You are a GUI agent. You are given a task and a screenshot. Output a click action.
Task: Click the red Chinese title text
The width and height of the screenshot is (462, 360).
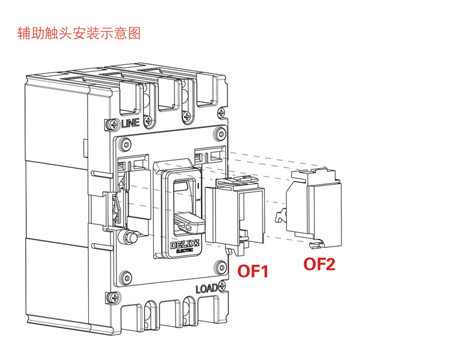point(79,33)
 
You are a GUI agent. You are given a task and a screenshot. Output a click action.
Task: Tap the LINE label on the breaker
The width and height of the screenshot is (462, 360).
point(130,123)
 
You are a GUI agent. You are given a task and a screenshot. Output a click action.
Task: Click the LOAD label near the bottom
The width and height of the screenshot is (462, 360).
point(206,289)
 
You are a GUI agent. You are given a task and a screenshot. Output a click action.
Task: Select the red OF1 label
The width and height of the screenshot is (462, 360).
point(253,271)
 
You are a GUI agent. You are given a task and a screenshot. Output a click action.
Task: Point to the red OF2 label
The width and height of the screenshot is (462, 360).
point(319,264)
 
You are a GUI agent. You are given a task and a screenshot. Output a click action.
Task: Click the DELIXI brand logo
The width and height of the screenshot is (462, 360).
point(185,245)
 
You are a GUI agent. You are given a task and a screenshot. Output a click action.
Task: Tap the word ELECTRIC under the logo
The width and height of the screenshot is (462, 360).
point(185,251)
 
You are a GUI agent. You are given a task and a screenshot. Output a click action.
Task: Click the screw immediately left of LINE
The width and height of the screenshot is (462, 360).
point(113,124)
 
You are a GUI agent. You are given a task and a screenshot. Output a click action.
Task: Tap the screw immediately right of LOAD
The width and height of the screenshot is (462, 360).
point(222,285)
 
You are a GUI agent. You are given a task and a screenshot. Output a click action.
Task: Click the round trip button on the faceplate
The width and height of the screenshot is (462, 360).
point(130,237)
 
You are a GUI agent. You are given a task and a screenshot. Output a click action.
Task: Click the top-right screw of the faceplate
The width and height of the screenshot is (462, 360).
point(219,134)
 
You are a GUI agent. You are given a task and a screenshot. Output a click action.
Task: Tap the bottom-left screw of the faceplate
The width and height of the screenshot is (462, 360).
point(126,277)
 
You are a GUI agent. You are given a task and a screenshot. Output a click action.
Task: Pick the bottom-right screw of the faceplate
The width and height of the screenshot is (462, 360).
point(219,266)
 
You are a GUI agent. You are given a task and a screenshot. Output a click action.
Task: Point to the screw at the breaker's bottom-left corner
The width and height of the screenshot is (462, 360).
point(114,297)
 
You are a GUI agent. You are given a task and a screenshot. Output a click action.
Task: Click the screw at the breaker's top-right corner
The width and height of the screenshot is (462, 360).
point(221,113)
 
